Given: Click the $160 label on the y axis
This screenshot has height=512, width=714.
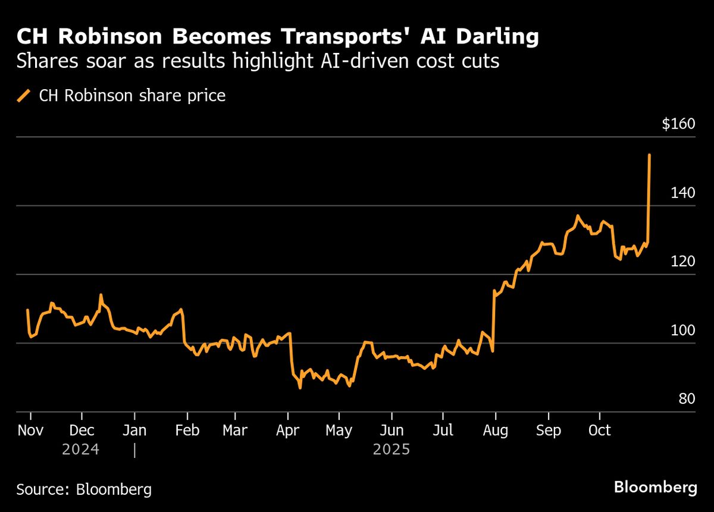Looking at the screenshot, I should [x=678, y=125].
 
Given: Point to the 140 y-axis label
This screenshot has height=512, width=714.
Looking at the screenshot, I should [x=683, y=193].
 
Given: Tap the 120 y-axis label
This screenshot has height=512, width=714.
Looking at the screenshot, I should [x=683, y=262].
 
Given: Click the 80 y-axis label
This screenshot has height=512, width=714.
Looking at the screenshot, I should [x=687, y=398].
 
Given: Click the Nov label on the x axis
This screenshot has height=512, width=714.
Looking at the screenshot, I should [x=30, y=430].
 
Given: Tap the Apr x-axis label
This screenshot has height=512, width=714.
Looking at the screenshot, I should [x=287, y=430].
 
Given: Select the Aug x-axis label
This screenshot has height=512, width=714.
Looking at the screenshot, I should [x=495, y=430].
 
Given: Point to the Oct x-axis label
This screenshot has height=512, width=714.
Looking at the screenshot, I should [x=599, y=430].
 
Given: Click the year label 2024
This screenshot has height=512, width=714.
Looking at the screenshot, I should [x=80, y=449].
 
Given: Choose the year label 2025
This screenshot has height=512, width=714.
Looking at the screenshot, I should [x=392, y=449].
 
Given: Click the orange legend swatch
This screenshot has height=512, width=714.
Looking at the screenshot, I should [x=24, y=96].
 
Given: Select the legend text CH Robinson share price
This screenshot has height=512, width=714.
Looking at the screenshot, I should [x=132, y=96].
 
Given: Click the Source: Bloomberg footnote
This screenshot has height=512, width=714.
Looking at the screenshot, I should [x=84, y=489].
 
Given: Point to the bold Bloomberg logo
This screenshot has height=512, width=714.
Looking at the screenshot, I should [x=655, y=488].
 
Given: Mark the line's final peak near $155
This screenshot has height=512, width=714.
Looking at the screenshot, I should [x=649, y=155].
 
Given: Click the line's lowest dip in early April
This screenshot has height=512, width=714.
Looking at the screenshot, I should [x=300, y=388].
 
